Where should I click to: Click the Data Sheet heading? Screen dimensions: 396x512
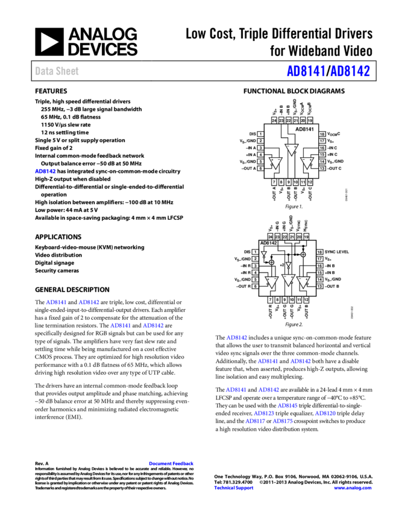pos(57,71)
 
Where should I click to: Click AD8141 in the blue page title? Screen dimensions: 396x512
pos(306,71)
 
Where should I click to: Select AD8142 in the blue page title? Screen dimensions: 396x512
pos(350,71)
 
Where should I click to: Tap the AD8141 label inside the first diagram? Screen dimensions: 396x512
pos(304,129)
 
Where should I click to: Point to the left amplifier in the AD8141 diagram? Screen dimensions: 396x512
pos(274,163)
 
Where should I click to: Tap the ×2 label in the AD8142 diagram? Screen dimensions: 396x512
pos(281,264)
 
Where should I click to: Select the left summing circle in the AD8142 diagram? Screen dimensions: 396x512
pos(271,263)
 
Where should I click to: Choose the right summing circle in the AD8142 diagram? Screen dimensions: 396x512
pos(303,254)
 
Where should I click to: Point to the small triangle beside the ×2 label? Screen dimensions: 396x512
pos(288,265)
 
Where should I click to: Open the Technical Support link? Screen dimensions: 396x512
pos(234,488)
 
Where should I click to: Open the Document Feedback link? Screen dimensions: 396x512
pos(171,463)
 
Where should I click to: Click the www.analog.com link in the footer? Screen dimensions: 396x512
pos(353,488)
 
